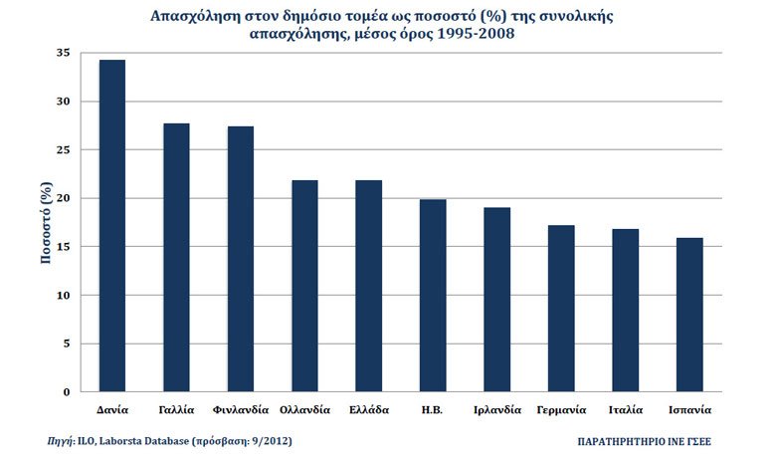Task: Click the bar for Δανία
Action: point(112,226)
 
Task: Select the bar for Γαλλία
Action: point(176,258)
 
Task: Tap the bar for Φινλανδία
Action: point(241,259)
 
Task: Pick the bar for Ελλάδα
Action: point(369,286)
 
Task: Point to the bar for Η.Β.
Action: point(433,296)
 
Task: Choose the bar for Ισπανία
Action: point(689,315)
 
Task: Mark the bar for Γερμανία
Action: point(561,309)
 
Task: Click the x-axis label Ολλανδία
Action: point(304,410)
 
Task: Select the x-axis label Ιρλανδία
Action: point(497,410)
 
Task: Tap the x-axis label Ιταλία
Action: point(626,410)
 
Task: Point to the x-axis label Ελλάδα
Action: point(369,410)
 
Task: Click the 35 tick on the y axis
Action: point(64,53)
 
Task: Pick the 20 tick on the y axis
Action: point(64,198)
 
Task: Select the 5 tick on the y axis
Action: point(67,344)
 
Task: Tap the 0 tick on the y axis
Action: point(67,392)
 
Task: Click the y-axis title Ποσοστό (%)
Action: point(46,223)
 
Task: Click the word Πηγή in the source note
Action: point(60,441)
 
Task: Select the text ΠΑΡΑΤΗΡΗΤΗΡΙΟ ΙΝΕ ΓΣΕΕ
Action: point(644,442)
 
